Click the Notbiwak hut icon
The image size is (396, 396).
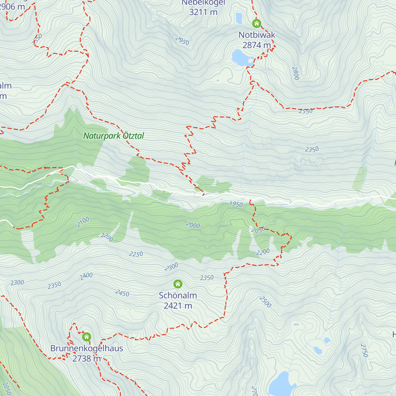click(x=256, y=23)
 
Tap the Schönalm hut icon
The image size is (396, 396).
click(x=178, y=284)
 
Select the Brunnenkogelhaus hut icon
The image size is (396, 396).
click(x=86, y=337)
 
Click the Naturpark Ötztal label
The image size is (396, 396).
click(x=114, y=136)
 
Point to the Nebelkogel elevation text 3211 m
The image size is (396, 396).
click(x=203, y=12)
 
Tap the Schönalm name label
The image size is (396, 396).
click(x=178, y=295)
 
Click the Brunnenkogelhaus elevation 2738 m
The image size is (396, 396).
click(x=86, y=358)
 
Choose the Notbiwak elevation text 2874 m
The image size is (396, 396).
click(x=256, y=45)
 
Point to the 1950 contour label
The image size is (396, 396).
click(x=236, y=204)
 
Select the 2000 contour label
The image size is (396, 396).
click(x=193, y=225)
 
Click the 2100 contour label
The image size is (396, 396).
click(x=83, y=222)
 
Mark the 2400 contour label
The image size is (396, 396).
click(x=86, y=276)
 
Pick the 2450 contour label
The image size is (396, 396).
click(x=122, y=293)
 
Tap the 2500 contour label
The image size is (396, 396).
click(x=265, y=302)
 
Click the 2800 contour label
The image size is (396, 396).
click(x=295, y=73)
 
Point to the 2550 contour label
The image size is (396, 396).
click(x=306, y=111)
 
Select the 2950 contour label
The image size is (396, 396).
click(x=182, y=41)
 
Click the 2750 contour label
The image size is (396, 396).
click(x=364, y=350)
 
